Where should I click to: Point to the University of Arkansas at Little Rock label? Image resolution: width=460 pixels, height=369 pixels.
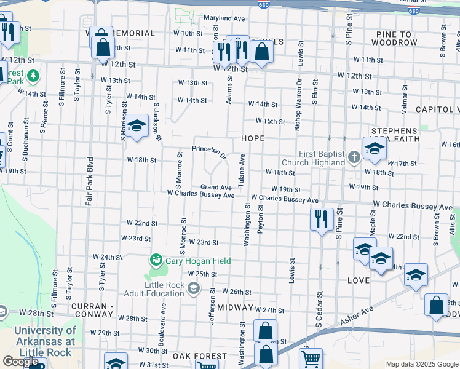pyautogui.click(x=44, y=341)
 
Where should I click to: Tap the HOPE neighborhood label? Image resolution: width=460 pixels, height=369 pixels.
pyautogui.click(x=253, y=139)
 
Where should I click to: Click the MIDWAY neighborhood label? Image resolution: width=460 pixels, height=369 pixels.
pyautogui.click(x=235, y=307)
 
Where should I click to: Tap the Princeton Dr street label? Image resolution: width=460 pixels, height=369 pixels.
pyautogui.click(x=210, y=150)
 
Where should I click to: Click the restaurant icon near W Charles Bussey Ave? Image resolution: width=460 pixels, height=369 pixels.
pyautogui.click(x=321, y=220)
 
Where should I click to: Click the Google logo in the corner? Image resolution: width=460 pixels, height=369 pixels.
pyautogui.click(x=20, y=362)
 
